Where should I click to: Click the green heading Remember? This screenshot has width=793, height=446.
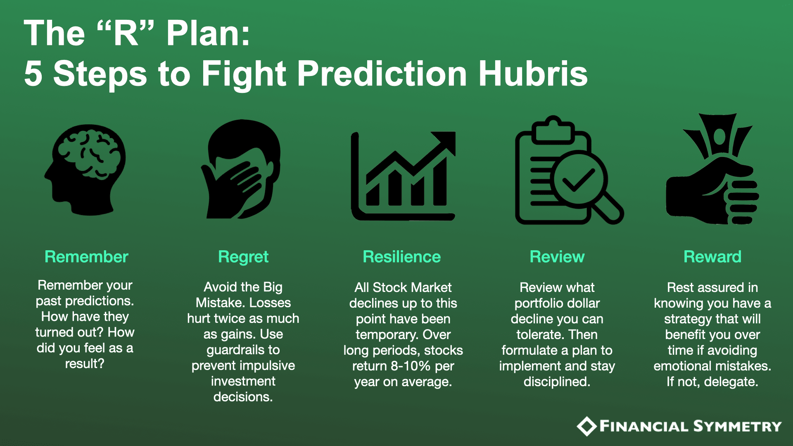click(x=86, y=257)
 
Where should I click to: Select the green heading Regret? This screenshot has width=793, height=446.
click(x=243, y=257)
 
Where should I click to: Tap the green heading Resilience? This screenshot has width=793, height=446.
click(x=402, y=257)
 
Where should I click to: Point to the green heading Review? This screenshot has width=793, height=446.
click(x=557, y=257)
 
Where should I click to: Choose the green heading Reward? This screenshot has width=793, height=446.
click(x=712, y=257)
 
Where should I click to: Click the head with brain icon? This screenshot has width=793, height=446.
click(x=85, y=170)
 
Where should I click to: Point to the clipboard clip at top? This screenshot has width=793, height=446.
click(x=553, y=129)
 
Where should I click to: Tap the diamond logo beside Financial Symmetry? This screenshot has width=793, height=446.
click(x=586, y=427)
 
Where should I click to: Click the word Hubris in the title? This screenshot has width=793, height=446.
click(x=533, y=74)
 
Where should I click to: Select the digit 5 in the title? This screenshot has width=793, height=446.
click(x=33, y=74)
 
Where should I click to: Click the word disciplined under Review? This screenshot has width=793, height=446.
click(x=557, y=382)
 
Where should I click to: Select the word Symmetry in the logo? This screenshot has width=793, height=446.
click(x=738, y=426)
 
